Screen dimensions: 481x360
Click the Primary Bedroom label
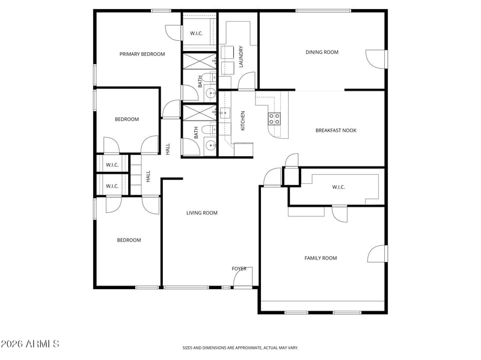(142, 54)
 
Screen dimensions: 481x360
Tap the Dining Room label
(322, 52)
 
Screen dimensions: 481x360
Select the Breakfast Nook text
(336, 130)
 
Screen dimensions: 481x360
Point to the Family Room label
(320, 258)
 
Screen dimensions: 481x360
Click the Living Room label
(202, 213)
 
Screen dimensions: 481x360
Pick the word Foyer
(239, 269)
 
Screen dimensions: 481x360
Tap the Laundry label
(241, 56)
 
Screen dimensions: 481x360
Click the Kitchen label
(243, 121)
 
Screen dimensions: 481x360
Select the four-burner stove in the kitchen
(274, 118)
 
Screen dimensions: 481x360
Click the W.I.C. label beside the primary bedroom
(197, 34)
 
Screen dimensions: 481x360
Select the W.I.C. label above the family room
(339, 187)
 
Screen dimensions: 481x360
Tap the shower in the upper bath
(200, 61)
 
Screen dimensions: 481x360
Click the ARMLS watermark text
(29, 344)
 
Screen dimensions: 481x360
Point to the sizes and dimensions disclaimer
(240, 348)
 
